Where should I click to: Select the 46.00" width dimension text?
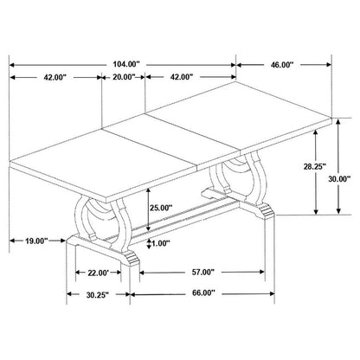[282, 63]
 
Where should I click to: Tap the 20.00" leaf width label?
[123, 77]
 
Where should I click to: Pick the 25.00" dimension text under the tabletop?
[160, 208]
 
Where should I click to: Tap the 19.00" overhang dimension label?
[34, 241]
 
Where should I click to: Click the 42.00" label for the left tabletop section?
[55, 77]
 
